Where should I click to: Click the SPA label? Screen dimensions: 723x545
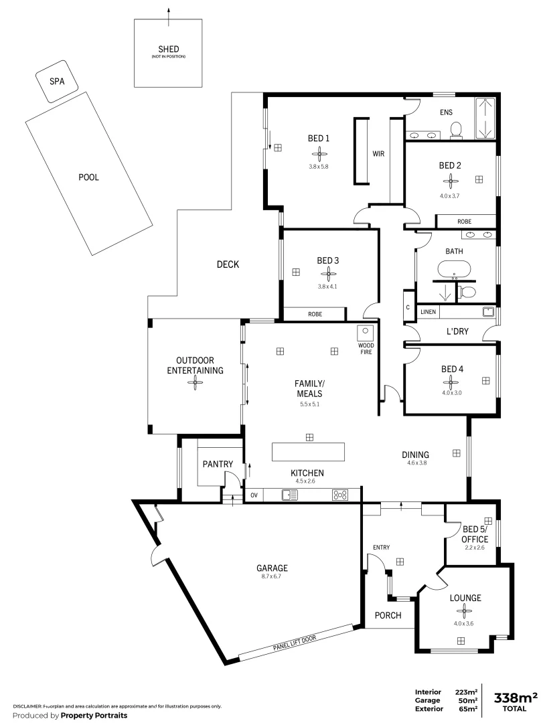tap(56, 82)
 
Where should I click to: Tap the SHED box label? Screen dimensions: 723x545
tap(168, 49)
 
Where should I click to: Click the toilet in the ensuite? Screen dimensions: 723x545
tap(457, 129)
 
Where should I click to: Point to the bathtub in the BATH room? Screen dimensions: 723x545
tap(455, 269)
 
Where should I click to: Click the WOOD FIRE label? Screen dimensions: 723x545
tap(366, 348)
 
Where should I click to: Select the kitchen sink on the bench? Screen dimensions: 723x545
tap(290, 495)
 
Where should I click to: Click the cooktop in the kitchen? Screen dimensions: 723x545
tap(340, 495)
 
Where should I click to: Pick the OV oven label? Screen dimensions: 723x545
tap(254, 495)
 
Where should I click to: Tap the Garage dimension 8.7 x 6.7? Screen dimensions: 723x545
tap(275, 577)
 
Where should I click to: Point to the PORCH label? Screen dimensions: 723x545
tap(388, 615)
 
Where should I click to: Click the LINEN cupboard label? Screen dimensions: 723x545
tap(429, 312)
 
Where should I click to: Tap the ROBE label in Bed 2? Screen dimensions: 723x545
tap(464, 221)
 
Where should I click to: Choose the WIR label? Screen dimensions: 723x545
tap(378, 153)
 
